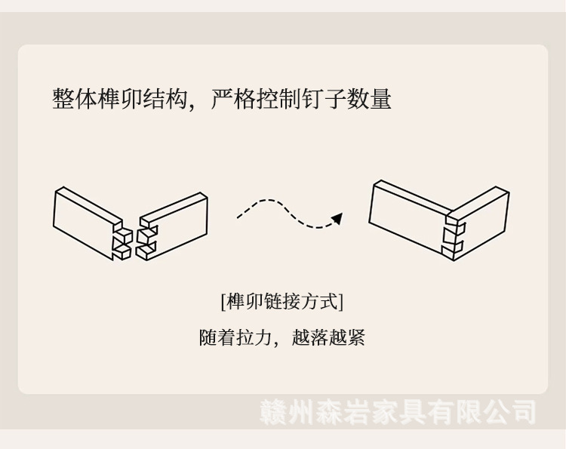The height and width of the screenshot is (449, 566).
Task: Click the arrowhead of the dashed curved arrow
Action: (337, 218)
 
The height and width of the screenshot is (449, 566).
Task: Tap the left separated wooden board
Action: (85, 220)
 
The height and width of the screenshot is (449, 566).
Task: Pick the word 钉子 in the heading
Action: (324, 99)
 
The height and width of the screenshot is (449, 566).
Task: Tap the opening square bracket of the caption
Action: (223, 302)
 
